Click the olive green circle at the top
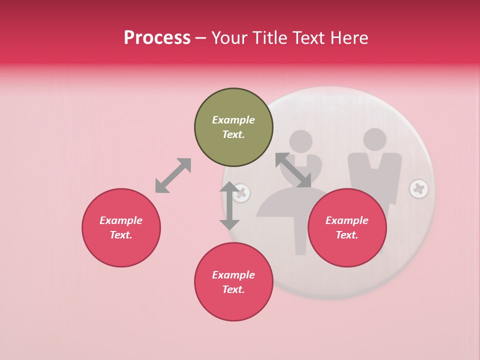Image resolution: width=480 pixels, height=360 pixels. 233,127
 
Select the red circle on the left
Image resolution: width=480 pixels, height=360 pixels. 121,228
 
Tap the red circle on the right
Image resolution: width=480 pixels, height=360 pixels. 347,228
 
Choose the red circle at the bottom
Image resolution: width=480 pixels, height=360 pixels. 233,282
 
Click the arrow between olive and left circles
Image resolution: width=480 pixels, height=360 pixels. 173,175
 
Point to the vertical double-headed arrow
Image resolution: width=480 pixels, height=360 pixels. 229,205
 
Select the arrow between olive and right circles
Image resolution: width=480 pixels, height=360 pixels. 293,170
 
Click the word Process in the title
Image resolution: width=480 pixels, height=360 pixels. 157,37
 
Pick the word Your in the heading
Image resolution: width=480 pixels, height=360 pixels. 229,37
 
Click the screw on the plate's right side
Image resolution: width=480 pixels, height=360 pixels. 418,189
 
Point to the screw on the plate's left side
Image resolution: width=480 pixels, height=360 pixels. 242,192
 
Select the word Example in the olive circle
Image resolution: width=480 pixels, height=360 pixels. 233,120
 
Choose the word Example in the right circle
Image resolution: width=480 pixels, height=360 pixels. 347,220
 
